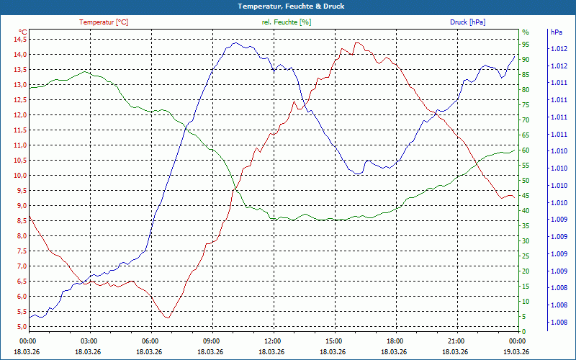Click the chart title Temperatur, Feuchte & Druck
pyautogui.click(x=288, y=6)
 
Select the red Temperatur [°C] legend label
pyautogui.click(x=104, y=22)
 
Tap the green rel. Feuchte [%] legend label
pyautogui.click(x=287, y=22)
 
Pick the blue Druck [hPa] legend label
pyautogui.click(x=467, y=22)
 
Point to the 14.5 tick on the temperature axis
pyautogui.click(x=19, y=39)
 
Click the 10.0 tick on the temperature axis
pyautogui.click(x=19, y=175)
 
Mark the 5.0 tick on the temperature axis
pyautogui.click(x=19, y=326)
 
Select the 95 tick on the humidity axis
pyautogui.click(x=526, y=44)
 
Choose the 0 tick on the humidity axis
pyautogui.click(x=524, y=331)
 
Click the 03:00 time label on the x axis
pyautogui.click(x=89, y=341)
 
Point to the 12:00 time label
pyautogui.click(x=273, y=341)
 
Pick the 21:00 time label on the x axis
pyautogui.click(x=456, y=341)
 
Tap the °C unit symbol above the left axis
pyautogui.click(x=23, y=32)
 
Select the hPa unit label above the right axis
pyautogui.click(x=557, y=32)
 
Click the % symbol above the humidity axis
pyautogui.click(x=526, y=32)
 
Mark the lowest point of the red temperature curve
pyautogui.click(x=167, y=318)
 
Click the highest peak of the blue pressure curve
pyautogui.click(x=235, y=43)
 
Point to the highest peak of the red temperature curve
pyautogui.click(x=356, y=42)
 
